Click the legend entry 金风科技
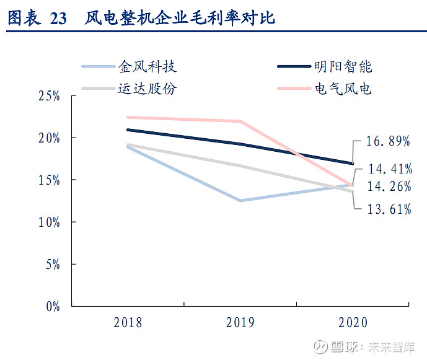(x=147, y=66)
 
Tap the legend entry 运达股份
(x=147, y=89)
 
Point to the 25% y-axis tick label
(x=49, y=96)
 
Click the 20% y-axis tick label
(x=49, y=138)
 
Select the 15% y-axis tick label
(x=49, y=180)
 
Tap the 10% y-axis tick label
(x=49, y=222)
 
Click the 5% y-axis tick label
(x=52, y=264)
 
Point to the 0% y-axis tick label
(x=52, y=306)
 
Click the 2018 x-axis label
(x=128, y=323)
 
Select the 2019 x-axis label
(x=240, y=323)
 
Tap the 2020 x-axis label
(x=353, y=323)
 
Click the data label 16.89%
(x=389, y=141)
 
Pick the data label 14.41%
(x=389, y=168)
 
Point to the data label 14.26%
(x=389, y=187)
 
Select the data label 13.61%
(x=389, y=209)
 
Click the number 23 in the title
(x=58, y=19)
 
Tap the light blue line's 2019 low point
(x=240, y=201)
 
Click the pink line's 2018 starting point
(x=128, y=117)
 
